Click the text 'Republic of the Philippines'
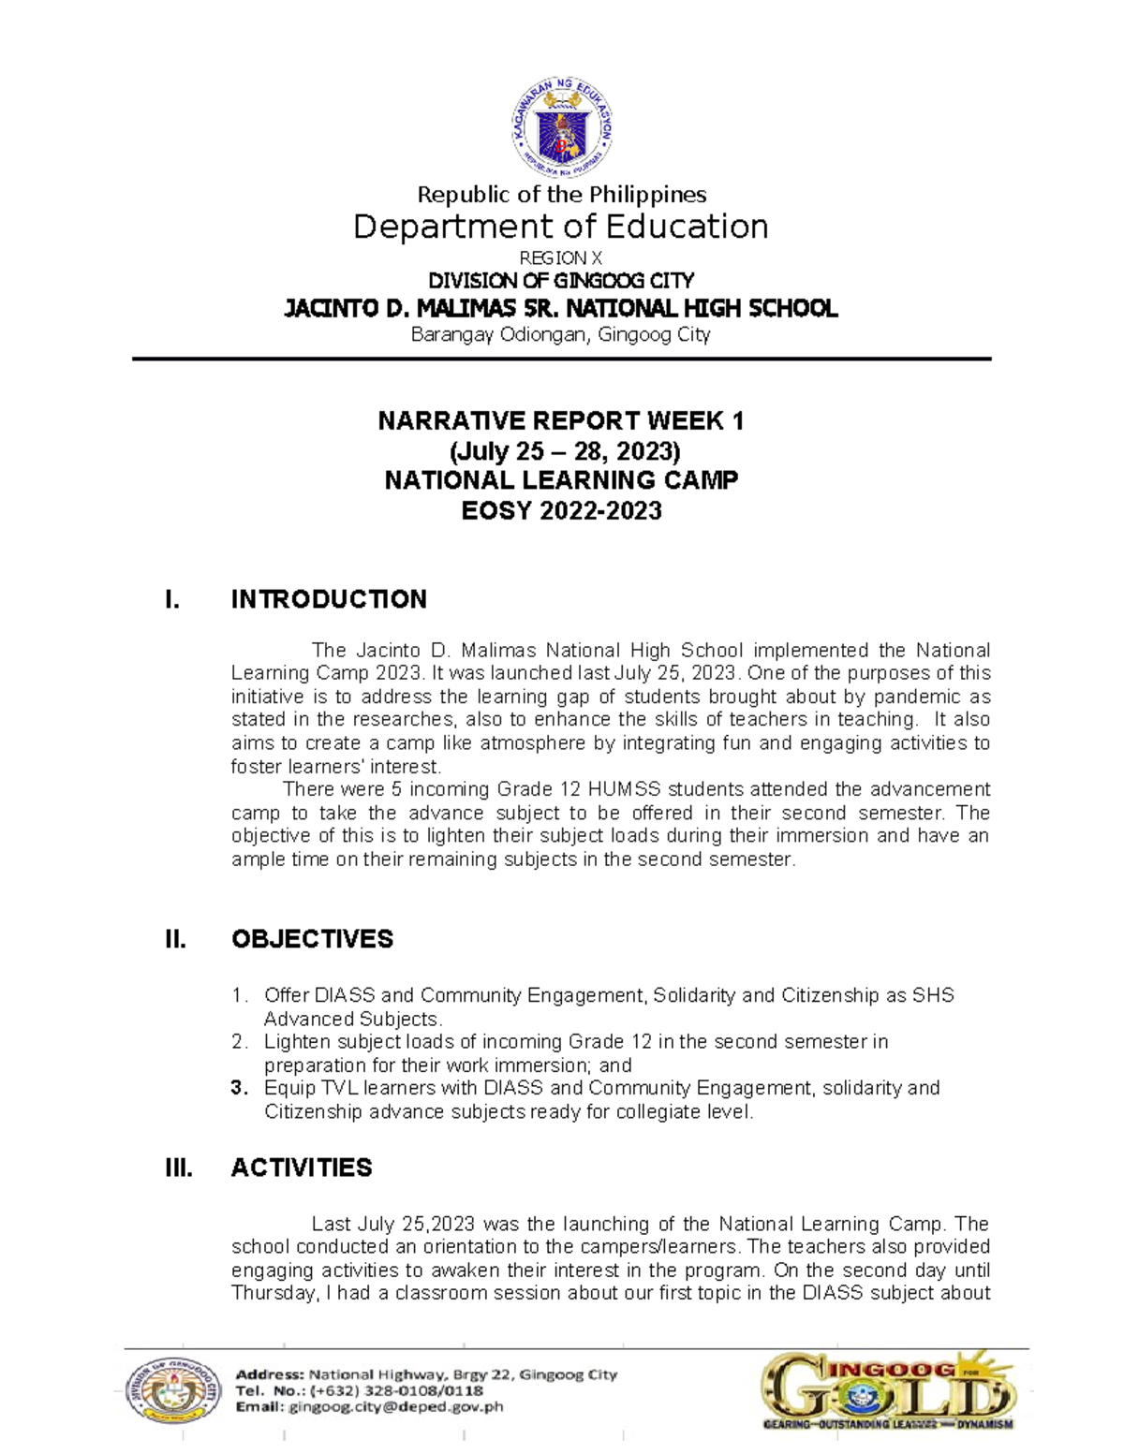point(561,195)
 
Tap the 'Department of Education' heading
point(560,227)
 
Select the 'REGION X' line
point(560,257)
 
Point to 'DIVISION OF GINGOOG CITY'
point(560,281)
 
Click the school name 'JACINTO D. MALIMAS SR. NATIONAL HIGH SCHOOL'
point(560,308)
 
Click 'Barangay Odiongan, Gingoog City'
point(560,334)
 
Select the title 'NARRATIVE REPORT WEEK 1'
point(560,421)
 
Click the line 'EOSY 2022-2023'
point(561,510)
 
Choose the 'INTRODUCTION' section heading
point(329,599)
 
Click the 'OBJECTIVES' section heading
point(312,939)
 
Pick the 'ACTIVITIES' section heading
point(302,1168)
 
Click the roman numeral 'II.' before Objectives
point(175,939)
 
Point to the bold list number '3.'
point(240,1088)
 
